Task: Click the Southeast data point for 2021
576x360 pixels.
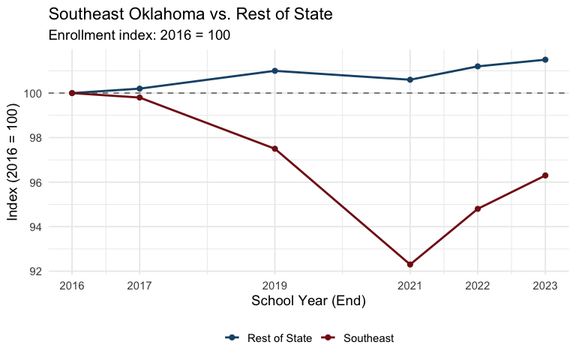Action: pos(409,265)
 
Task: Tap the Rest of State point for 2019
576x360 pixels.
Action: pos(274,70)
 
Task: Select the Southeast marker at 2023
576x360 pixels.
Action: pos(545,175)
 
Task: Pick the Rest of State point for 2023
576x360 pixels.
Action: pos(545,60)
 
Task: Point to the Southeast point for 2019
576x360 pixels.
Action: pos(274,148)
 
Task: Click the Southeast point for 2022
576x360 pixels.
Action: pos(478,208)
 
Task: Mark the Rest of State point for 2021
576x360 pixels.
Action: pos(409,79)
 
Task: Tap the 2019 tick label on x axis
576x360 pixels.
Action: pos(274,286)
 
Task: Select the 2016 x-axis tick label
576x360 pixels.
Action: pos(72,286)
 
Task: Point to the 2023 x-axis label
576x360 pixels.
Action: pos(545,286)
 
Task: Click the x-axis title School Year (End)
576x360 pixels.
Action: pos(308,301)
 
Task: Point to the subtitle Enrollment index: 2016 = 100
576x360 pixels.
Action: pos(139,35)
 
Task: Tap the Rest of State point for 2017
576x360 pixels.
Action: pos(139,88)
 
